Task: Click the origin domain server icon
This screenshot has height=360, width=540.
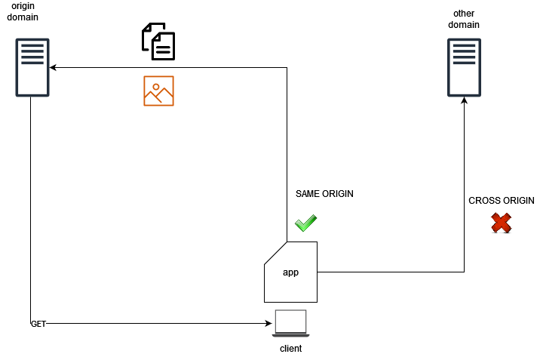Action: (x=31, y=68)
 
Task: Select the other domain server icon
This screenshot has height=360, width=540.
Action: (x=464, y=68)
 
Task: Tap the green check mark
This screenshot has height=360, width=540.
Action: (x=305, y=223)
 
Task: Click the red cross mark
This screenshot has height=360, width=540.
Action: (x=502, y=223)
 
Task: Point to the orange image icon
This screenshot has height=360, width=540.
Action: (x=158, y=91)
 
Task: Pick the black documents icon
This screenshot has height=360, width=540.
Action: (x=158, y=42)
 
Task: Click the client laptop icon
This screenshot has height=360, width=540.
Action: (x=291, y=322)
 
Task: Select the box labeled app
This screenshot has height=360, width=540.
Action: (x=291, y=272)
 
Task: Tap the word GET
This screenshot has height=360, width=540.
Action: (x=38, y=324)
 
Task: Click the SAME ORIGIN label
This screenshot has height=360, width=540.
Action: (x=324, y=194)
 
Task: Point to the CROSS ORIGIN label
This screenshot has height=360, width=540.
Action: (x=501, y=201)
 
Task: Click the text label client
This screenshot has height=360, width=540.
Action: (x=291, y=349)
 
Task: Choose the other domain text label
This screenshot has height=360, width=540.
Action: (x=464, y=19)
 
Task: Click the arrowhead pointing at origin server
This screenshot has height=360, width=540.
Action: (x=53, y=67)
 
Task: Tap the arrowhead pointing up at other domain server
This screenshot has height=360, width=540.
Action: (x=464, y=101)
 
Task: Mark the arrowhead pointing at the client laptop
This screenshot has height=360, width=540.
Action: (x=268, y=323)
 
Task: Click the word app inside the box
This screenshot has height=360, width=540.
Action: (x=291, y=272)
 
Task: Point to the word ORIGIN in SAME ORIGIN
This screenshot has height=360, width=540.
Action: (x=338, y=194)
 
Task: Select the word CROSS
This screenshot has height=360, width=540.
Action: (x=484, y=201)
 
